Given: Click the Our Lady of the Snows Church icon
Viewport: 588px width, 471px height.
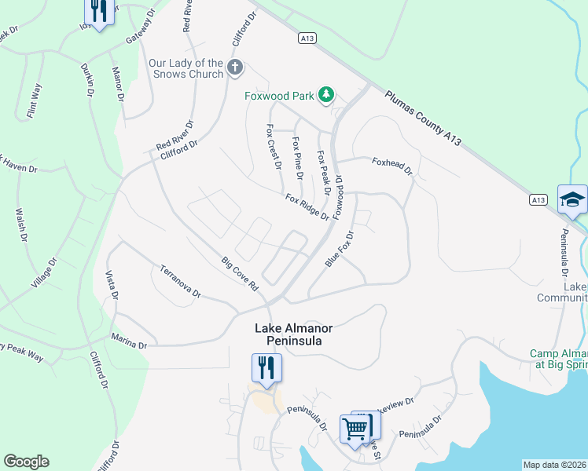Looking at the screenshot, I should click(234, 68).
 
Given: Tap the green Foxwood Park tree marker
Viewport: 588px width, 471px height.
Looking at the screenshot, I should click(326, 96).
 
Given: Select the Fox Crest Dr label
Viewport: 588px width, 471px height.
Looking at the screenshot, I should click(274, 147).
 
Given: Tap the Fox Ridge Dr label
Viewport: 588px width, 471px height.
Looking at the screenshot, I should click(307, 206).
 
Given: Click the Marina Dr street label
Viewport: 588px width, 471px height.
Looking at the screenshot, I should click(129, 343).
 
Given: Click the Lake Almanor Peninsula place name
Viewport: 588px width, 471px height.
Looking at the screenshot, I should click(289, 334).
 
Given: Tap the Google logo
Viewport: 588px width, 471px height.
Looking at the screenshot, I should click(26, 461).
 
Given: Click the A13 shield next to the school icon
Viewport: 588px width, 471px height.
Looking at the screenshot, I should click(538, 201).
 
